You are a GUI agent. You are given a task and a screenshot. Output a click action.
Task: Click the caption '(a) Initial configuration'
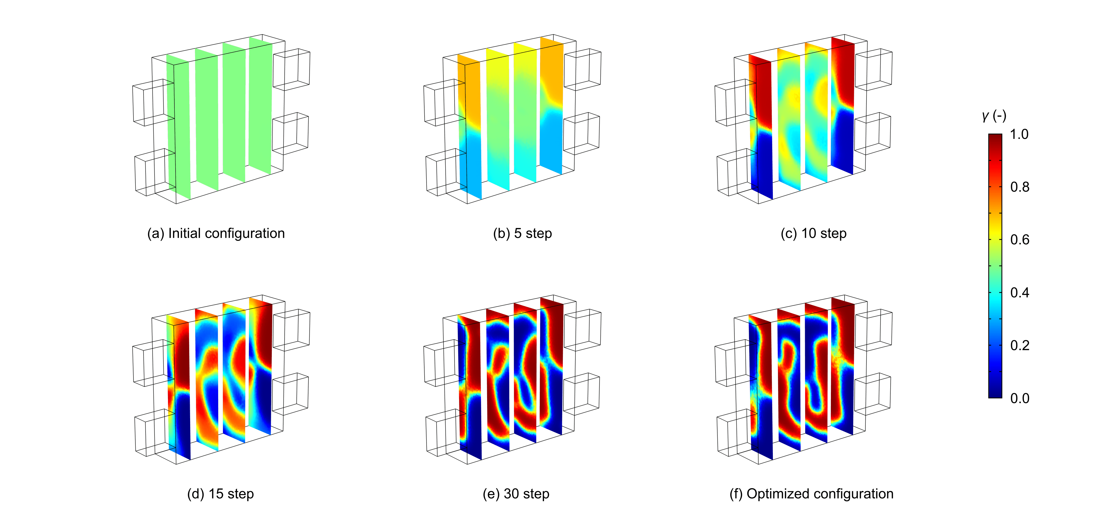coord(216,233)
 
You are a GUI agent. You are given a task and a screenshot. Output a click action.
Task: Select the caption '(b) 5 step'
coord(522,233)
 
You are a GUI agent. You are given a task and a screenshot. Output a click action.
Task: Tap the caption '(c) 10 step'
coord(814,233)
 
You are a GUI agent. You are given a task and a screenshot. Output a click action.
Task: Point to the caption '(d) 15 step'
coord(220,494)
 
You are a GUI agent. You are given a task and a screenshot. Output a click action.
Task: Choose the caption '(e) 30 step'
coord(516,494)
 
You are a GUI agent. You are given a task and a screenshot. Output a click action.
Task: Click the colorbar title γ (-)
coord(994,116)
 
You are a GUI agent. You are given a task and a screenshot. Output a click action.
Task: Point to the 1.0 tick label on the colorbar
coord(1019,134)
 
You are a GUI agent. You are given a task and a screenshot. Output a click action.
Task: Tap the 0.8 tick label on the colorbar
coord(1020,187)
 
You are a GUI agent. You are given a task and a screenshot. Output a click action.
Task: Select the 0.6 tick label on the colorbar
coord(1020,240)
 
